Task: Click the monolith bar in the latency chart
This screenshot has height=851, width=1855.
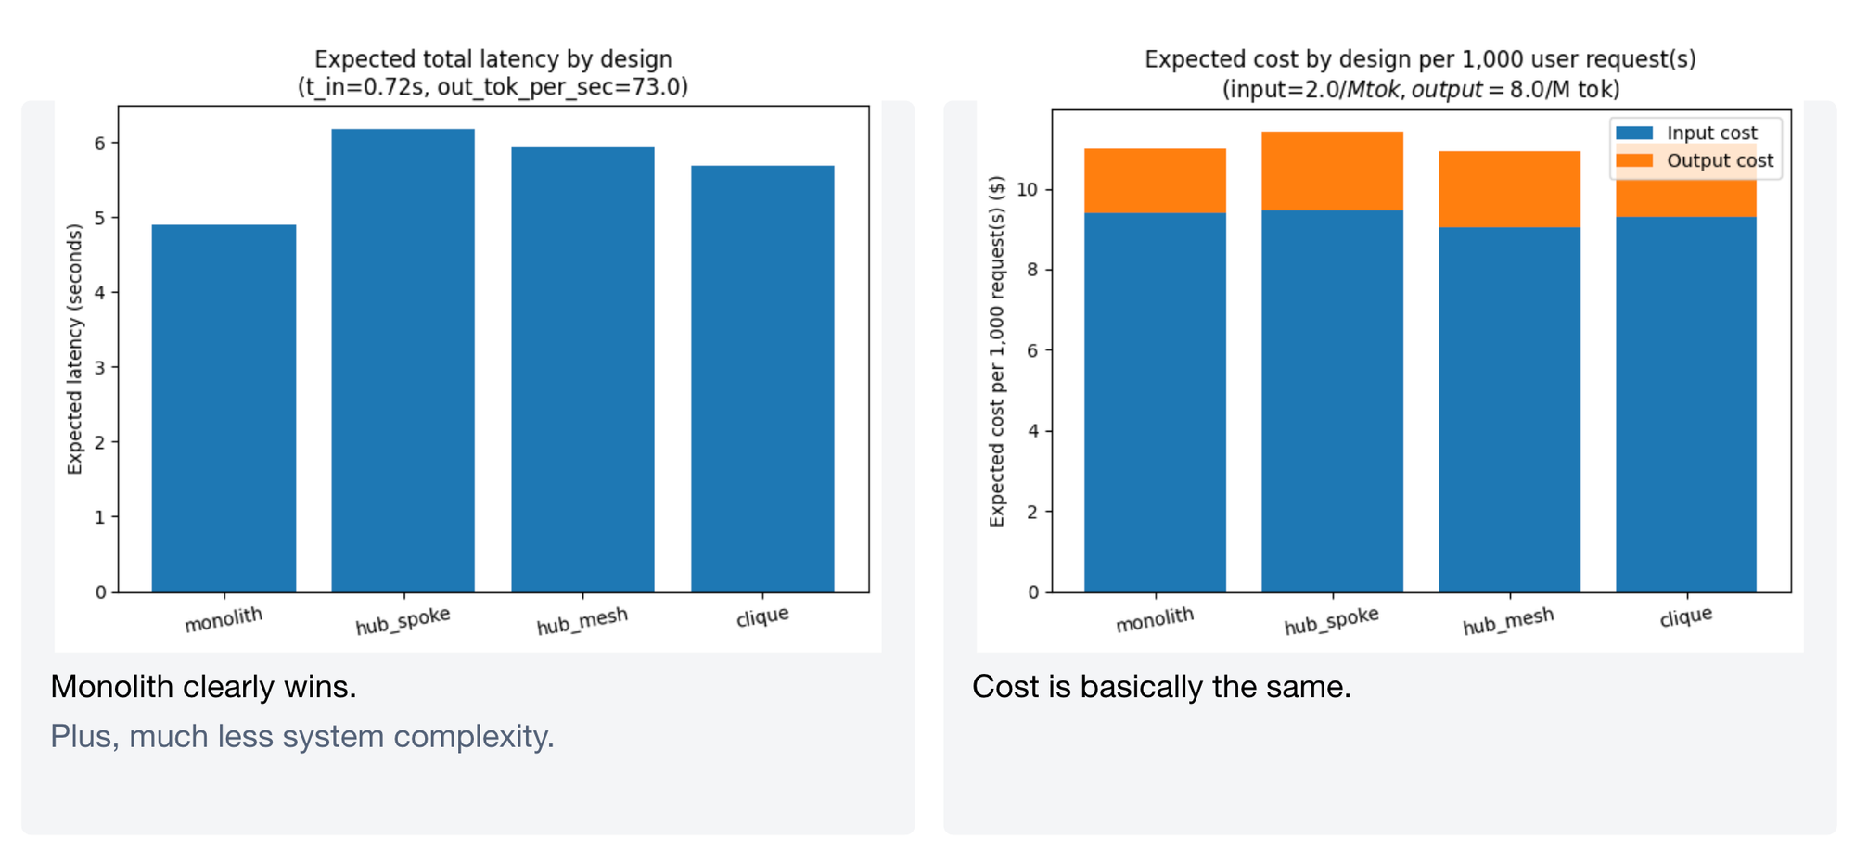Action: pyautogui.click(x=224, y=408)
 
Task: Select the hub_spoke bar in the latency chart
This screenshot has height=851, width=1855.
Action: pyautogui.click(x=403, y=361)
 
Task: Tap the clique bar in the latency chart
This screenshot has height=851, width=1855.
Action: pyautogui.click(x=762, y=379)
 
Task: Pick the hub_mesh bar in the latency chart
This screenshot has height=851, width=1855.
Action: pyautogui.click(x=582, y=370)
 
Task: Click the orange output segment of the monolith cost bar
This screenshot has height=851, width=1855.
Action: pyautogui.click(x=1155, y=181)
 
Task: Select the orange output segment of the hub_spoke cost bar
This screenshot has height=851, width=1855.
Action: pyautogui.click(x=1332, y=171)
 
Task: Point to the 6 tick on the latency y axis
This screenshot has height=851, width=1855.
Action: pyautogui.click(x=100, y=143)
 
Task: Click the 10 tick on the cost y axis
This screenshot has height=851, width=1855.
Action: pyautogui.click(x=1027, y=190)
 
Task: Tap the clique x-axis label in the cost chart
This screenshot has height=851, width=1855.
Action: pyautogui.click(x=1685, y=616)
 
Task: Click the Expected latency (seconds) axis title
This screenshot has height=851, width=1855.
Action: pyautogui.click(x=75, y=349)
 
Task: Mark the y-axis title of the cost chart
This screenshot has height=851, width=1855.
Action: pyautogui.click(x=997, y=351)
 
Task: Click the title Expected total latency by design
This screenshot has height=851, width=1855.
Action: pyautogui.click(x=493, y=59)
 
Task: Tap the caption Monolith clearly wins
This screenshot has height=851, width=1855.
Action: pyautogui.click(x=203, y=687)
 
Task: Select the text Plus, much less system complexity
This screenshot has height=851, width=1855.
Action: pyautogui.click(x=301, y=736)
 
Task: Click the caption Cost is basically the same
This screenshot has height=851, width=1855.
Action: pyautogui.click(x=1161, y=687)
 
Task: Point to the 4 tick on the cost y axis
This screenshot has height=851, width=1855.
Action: pyautogui.click(x=1032, y=431)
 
